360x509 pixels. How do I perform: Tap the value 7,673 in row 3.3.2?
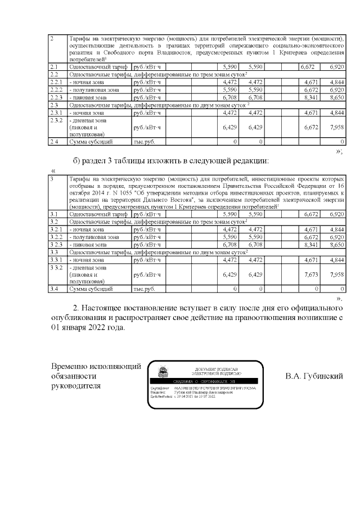click(312, 274)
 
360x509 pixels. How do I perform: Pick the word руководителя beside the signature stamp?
click(76, 386)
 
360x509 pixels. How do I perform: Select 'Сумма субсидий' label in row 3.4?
click(91, 289)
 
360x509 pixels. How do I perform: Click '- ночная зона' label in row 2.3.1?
click(86, 112)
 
